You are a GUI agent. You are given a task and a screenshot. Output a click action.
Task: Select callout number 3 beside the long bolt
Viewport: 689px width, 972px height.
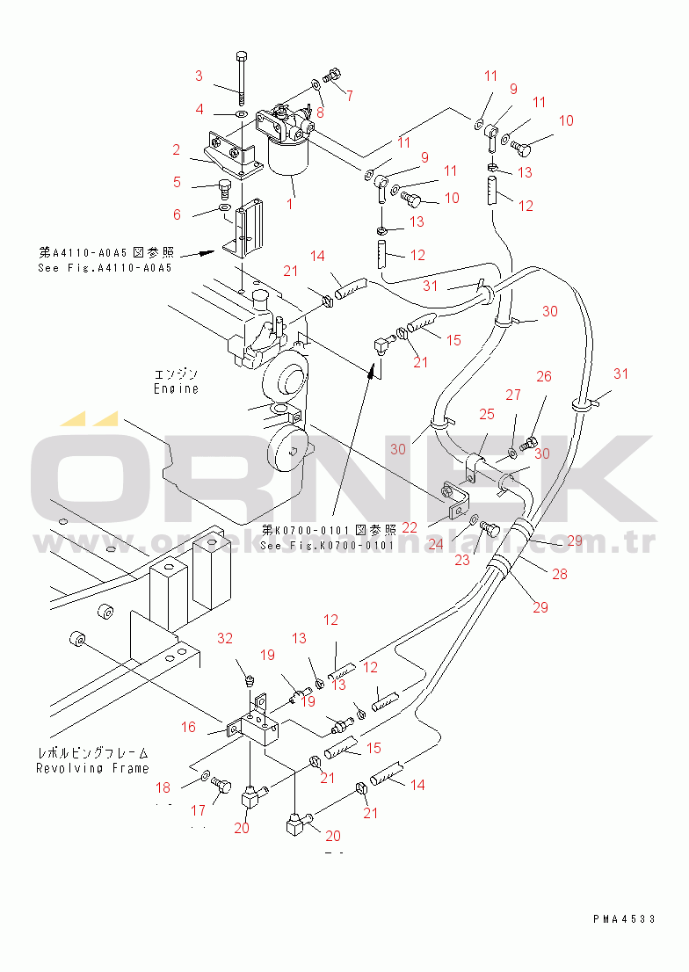(199, 75)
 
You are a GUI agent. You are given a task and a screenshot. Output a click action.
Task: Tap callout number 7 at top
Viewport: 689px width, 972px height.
(349, 95)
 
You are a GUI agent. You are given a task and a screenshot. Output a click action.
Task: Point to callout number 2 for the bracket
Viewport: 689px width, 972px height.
(177, 149)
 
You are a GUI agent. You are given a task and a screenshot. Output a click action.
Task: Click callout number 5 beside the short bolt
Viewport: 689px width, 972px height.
(177, 183)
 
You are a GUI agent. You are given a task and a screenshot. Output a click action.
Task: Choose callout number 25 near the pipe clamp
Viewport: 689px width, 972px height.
(486, 413)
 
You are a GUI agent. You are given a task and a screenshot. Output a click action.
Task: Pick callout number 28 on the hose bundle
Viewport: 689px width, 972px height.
(560, 574)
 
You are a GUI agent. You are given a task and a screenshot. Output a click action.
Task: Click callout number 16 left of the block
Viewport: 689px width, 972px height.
(189, 727)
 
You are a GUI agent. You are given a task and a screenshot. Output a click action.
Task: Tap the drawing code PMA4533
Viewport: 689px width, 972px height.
(624, 918)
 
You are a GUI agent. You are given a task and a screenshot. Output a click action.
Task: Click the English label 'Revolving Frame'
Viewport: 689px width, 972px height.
(92, 768)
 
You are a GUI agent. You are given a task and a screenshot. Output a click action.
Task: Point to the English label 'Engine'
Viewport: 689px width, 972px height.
(176, 388)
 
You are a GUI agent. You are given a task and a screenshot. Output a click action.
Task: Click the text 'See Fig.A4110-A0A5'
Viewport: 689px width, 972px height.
(105, 268)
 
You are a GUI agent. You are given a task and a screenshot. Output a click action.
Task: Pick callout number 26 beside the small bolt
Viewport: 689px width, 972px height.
(544, 377)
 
